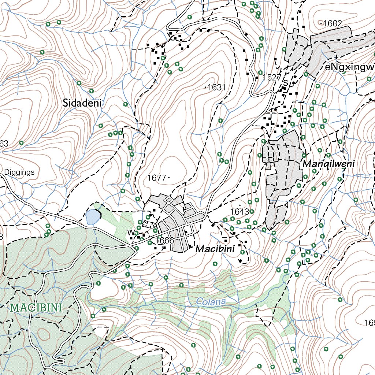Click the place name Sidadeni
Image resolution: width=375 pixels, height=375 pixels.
click(82, 103)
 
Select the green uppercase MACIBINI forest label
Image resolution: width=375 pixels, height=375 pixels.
click(36, 307)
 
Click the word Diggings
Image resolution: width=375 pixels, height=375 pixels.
click(19, 172)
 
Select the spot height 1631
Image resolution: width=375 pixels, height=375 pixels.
click(216, 88)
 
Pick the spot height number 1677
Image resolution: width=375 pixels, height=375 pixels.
click(157, 178)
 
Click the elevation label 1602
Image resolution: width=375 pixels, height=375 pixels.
click(333, 23)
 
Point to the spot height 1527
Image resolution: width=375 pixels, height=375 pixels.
click(272, 78)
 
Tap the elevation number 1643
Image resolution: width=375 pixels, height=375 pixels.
click(240, 212)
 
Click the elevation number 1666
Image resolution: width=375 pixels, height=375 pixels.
click(164, 241)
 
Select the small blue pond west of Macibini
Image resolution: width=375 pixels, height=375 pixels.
click(92, 218)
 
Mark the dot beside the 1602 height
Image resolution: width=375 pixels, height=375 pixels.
click(321, 23)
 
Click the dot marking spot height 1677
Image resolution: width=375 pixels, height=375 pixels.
click(169, 178)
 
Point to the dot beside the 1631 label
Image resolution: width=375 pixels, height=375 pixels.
click(205, 87)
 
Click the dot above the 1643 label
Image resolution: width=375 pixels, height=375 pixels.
click(240, 205)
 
